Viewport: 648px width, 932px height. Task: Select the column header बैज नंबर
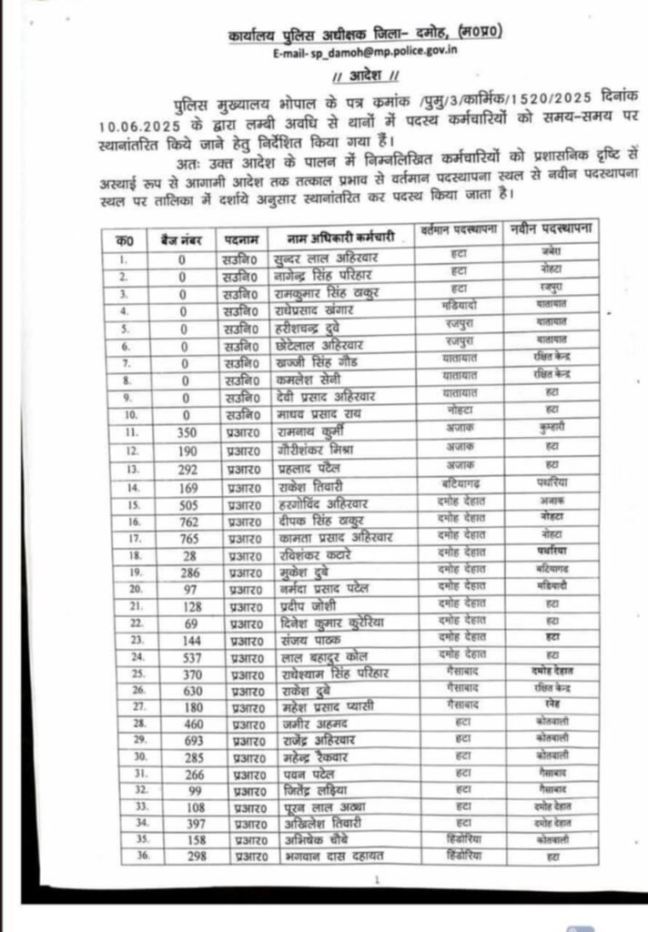[183, 239]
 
